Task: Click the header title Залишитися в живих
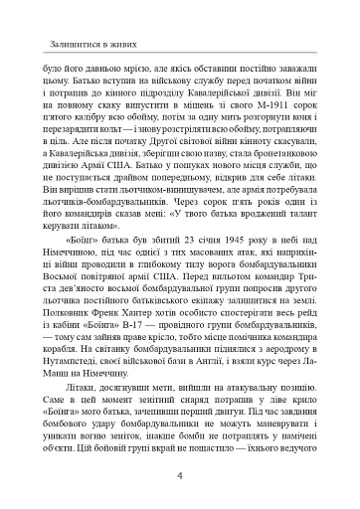pos(86,44)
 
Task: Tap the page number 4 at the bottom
pos(179,475)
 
